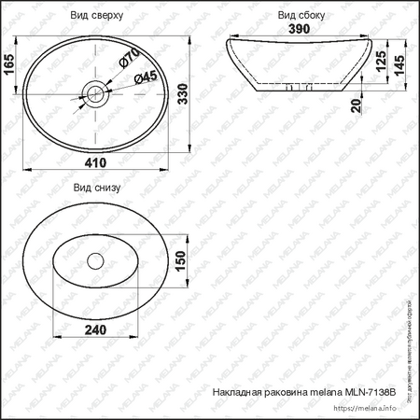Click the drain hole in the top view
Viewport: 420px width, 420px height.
(95, 94)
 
